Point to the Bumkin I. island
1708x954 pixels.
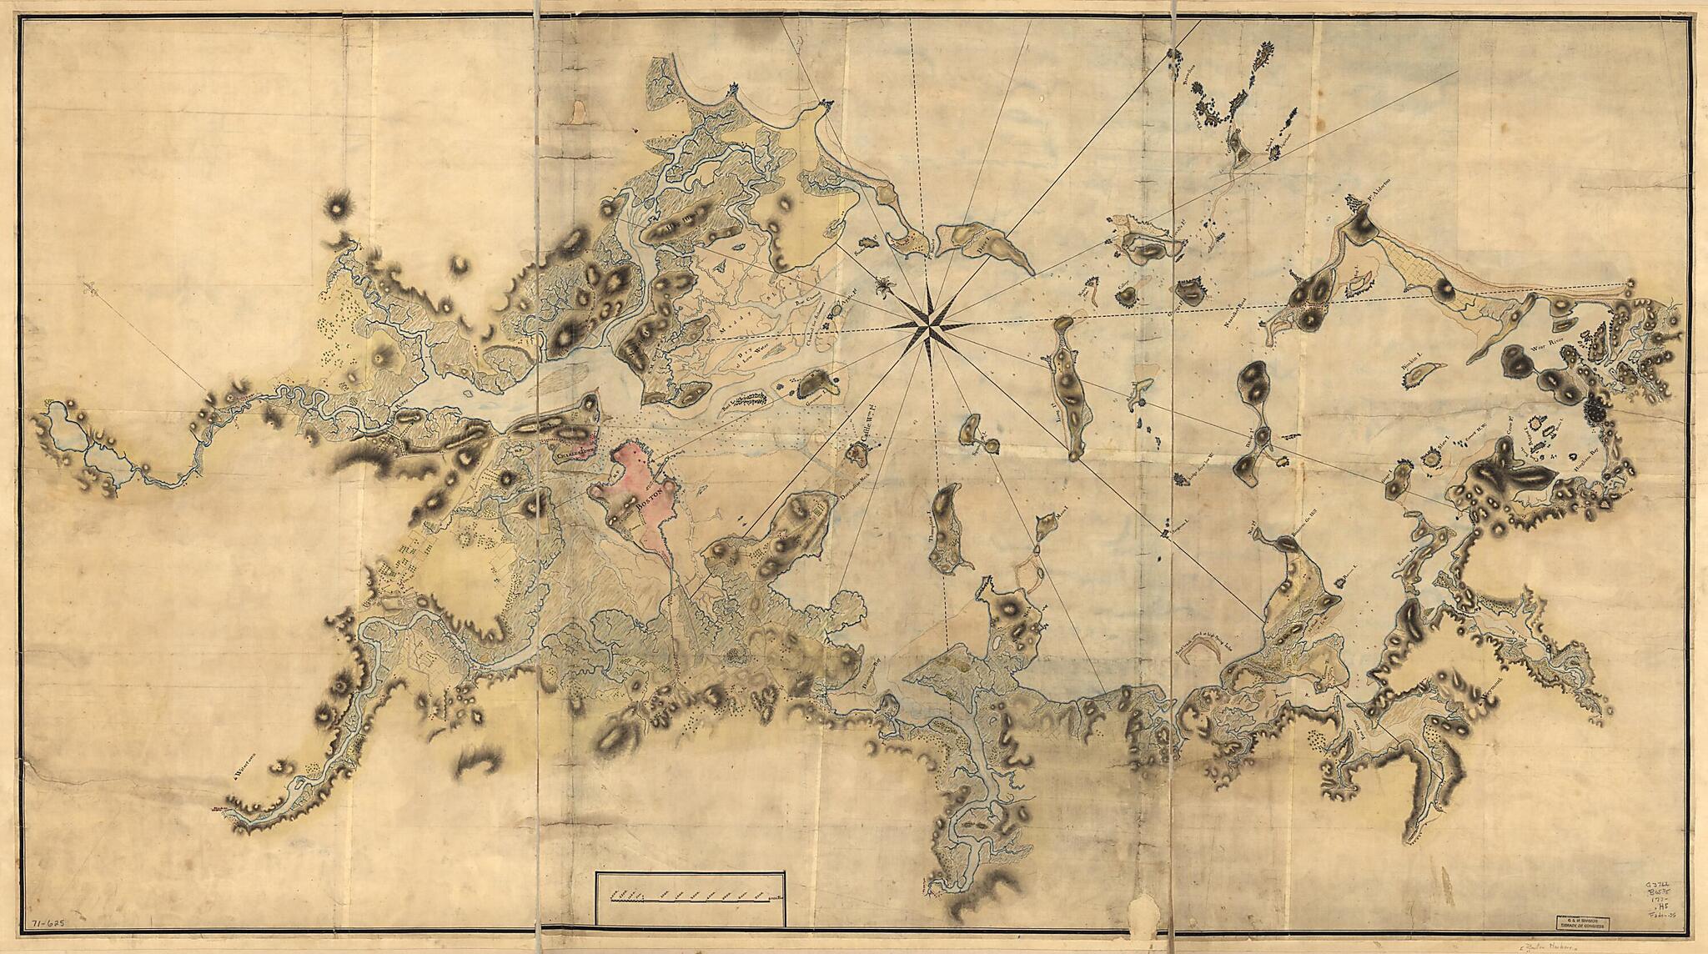pos(1424,376)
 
